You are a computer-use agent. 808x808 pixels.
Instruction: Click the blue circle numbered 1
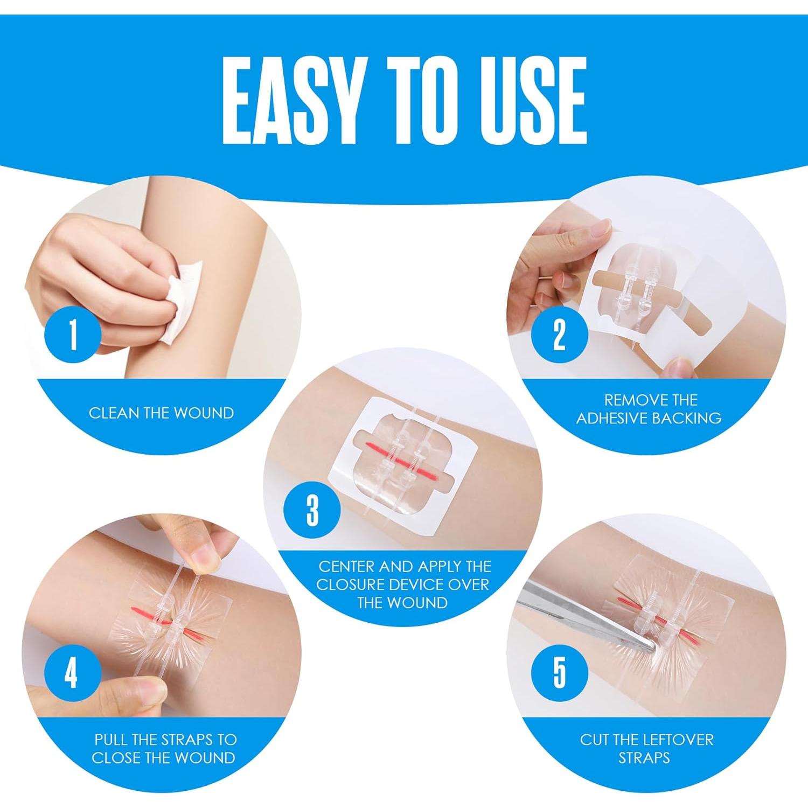[73, 335]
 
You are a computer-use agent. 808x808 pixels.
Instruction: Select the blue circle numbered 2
[560, 334]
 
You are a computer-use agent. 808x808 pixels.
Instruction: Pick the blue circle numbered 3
[312, 509]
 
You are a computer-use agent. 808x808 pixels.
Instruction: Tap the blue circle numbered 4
[72, 674]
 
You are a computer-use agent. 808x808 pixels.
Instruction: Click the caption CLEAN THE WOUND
[161, 413]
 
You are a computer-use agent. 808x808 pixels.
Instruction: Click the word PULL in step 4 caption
[112, 740]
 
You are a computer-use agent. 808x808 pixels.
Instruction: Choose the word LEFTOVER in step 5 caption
[675, 740]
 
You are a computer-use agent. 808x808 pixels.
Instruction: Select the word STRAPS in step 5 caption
[644, 758]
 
